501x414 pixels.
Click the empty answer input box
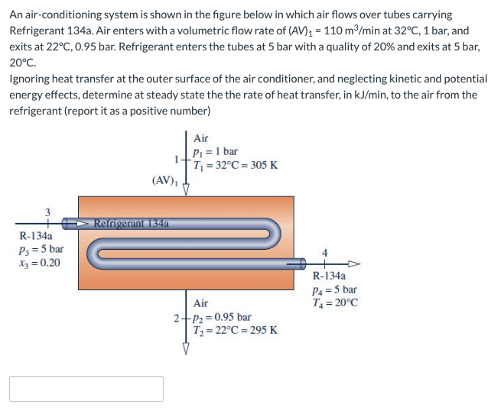86,388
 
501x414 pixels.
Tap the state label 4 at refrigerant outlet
325,253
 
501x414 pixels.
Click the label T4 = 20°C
335,302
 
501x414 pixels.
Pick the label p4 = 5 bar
335,289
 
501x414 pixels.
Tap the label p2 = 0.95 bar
222,317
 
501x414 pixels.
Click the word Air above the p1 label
201,138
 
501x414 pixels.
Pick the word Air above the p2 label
201,303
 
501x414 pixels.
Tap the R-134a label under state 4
330,277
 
